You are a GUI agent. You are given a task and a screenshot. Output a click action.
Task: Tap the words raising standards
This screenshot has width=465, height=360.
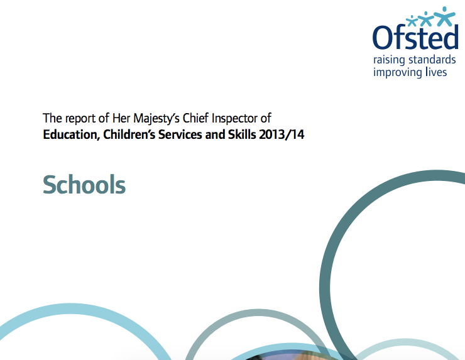pyautogui.click(x=415, y=60)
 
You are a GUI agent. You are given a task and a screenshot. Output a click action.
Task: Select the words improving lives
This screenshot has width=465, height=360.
pyautogui.click(x=410, y=72)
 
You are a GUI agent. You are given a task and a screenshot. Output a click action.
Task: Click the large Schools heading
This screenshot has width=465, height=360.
pyautogui.click(x=84, y=185)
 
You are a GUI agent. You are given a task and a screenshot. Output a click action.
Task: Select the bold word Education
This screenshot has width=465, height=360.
pyautogui.click(x=68, y=134)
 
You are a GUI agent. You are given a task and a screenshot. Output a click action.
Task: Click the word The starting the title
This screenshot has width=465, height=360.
pyautogui.click(x=50, y=118)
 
